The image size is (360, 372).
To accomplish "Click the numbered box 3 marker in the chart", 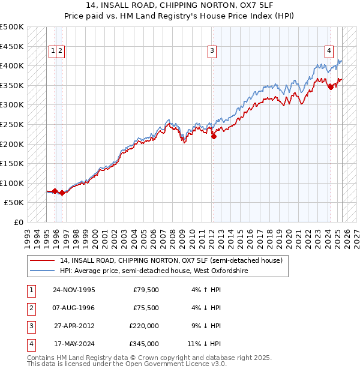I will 212,52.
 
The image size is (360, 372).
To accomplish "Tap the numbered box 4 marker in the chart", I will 329,52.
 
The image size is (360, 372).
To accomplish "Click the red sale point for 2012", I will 214,136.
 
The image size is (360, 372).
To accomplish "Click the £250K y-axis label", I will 12,124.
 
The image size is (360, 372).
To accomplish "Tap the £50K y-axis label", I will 14,203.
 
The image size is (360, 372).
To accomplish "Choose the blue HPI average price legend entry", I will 154,271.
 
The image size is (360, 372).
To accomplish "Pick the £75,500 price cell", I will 146,308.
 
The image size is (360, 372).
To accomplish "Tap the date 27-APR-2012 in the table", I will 74,326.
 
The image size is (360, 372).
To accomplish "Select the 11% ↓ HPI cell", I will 204,344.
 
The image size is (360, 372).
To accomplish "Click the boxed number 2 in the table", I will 29,308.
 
